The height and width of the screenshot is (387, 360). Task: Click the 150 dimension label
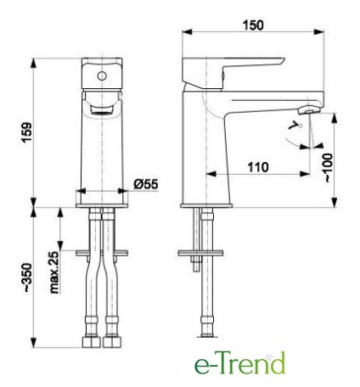(x=253, y=25)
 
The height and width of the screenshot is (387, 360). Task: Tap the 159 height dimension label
(x=27, y=132)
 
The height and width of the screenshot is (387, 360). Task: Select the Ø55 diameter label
(x=146, y=184)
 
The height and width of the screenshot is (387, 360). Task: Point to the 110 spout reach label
(x=258, y=167)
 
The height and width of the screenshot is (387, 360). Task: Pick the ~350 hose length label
(x=27, y=278)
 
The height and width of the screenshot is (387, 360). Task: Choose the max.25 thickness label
(x=53, y=272)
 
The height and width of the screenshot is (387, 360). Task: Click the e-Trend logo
(x=239, y=363)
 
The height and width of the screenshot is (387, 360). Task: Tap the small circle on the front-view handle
(x=102, y=76)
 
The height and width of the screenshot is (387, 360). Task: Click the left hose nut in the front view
(x=92, y=342)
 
